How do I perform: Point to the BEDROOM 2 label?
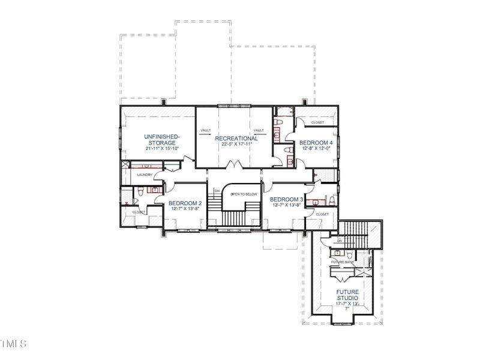point(184,203)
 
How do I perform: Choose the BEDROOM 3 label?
point(286,199)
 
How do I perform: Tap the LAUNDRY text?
point(145,175)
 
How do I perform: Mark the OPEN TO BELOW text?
point(244,194)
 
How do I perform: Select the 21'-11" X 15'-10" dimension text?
point(161,149)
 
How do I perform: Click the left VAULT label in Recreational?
point(205,130)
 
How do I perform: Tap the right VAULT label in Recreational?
point(259,130)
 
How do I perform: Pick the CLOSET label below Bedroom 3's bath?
point(322,214)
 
